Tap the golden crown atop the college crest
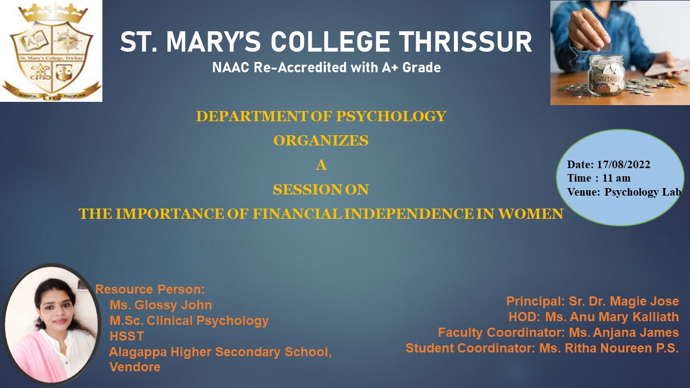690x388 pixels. [x=53, y=12]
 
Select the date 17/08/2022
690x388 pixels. [x=624, y=164]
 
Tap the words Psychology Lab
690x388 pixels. [x=643, y=192]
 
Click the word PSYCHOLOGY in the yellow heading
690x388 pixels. [x=391, y=116]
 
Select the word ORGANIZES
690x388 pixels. [x=321, y=141]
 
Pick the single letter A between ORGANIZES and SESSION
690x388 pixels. [x=321, y=165]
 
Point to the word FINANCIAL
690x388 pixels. [x=297, y=214]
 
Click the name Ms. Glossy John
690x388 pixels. [x=161, y=305]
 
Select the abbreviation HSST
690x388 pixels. [x=127, y=336]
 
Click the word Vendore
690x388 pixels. [x=135, y=367]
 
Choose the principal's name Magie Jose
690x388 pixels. [x=644, y=301]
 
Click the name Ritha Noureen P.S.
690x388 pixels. [x=622, y=348]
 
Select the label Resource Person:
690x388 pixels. [x=150, y=289]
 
